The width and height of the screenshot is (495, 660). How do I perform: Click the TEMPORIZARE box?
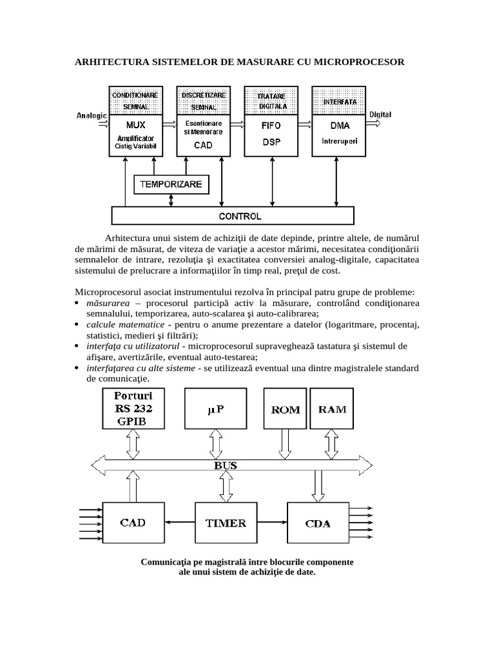pyautogui.click(x=171, y=184)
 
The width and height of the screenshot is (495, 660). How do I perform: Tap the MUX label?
pyautogui.click(x=135, y=124)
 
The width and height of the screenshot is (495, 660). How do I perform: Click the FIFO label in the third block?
pyautogui.click(x=271, y=126)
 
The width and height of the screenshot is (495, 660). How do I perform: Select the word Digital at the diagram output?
pyautogui.click(x=380, y=115)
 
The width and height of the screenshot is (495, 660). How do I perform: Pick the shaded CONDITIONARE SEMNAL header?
pyautogui.click(x=135, y=101)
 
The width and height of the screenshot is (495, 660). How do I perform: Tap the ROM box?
pyautogui.click(x=284, y=409)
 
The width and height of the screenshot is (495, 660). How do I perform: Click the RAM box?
pyautogui.click(x=332, y=409)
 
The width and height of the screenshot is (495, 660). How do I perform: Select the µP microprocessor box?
pyautogui.click(x=215, y=409)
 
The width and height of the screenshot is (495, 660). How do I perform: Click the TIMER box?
pyautogui.click(x=225, y=523)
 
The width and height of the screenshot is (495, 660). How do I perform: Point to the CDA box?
pyautogui.click(x=317, y=523)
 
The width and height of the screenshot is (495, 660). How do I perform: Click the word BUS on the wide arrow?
pyautogui.click(x=225, y=464)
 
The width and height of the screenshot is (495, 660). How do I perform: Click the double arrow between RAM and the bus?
pyautogui.click(x=332, y=443)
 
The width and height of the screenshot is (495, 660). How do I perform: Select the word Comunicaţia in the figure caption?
pyautogui.click(x=165, y=562)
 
